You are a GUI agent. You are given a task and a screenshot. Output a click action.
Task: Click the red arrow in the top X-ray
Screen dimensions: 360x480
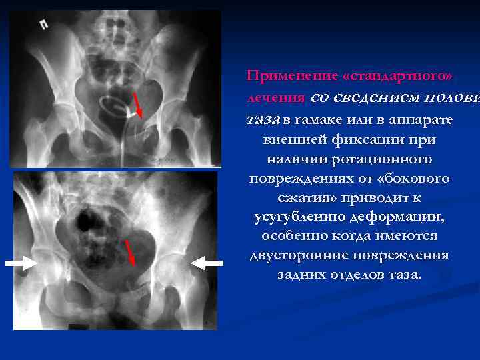click(x=138, y=105)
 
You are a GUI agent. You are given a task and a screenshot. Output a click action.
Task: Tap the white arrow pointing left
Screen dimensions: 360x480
click(x=207, y=264)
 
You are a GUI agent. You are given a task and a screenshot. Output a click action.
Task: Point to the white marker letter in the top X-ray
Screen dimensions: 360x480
click(x=44, y=25)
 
